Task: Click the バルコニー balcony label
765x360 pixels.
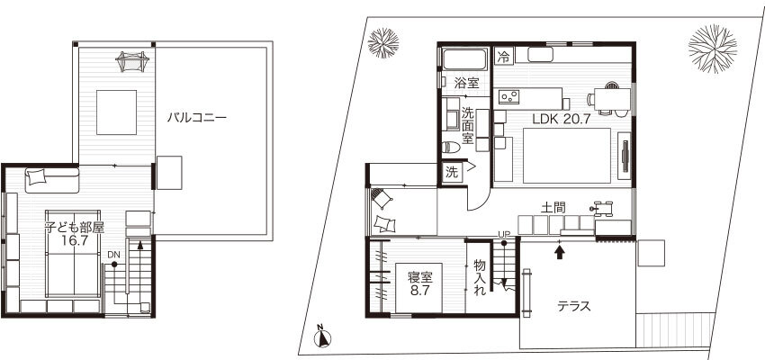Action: click(x=196, y=118)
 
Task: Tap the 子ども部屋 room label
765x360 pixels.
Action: click(x=74, y=228)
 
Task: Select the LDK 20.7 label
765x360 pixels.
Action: click(x=562, y=119)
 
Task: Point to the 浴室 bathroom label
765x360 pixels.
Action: click(x=466, y=83)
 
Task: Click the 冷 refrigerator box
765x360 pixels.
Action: click(x=503, y=57)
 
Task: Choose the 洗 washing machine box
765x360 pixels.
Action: click(x=453, y=172)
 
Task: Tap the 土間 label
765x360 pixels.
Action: click(x=553, y=207)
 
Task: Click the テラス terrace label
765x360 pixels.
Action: click(x=574, y=306)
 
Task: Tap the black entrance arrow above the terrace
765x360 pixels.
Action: click(x=560, y=252)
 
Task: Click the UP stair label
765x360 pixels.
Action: click(x=503, y=235)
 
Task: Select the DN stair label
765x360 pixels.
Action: click(x=113, y=255)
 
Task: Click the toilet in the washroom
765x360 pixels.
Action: click(x=452, y=147)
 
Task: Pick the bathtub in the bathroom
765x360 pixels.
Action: click(x=464, y=60)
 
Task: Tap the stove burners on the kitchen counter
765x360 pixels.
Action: click(x=508, y=96)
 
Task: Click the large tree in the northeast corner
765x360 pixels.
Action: click(x=712, y=49)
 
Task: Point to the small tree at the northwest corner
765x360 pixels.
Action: click(x=383, y=43)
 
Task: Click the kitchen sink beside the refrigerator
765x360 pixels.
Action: click(x=540, y=55)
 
